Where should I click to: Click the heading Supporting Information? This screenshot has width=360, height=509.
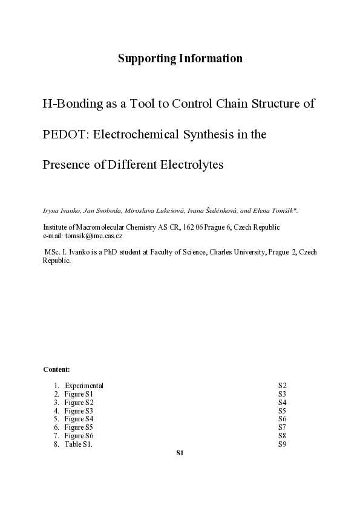click(x=180, y=59)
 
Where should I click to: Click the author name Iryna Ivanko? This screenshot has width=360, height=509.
click(x=61, y=210)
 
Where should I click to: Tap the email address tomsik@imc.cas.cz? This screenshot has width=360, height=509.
click(x=96, y=235)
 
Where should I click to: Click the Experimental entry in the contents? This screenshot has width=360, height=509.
click(x=84, y=386)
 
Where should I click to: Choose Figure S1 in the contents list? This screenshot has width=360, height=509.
click(x=79, y=394)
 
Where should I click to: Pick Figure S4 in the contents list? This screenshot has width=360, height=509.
click(x=79, y=419)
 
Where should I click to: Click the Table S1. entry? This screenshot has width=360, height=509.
click(x=79, y=444)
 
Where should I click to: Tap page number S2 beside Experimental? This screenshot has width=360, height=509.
click(x=282, y=386)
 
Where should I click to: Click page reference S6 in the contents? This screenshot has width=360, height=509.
click(x=282, y=419)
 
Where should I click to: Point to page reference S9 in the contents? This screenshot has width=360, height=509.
click(x=282, y=444)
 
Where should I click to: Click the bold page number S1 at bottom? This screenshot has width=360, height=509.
click(x=180, y=453)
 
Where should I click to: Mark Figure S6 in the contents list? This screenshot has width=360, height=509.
click(x=79, y=436)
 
